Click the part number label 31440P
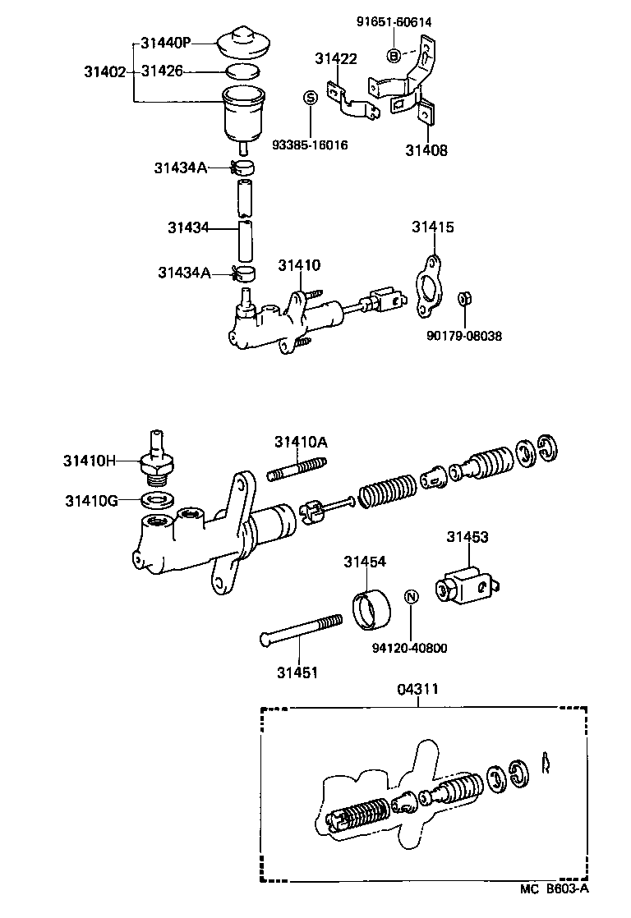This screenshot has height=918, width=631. (166, 43)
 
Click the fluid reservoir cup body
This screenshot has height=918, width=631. (244, 116)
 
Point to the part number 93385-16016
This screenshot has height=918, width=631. (310, 145)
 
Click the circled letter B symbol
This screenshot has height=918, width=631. (394, 55)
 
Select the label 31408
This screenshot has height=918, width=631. (426, 150)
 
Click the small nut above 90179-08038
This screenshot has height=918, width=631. (463, 298)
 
